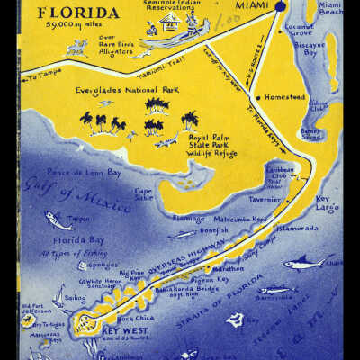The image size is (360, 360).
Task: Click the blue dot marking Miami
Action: pyautogui.click(x=280, y=6)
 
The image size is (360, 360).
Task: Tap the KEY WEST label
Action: pyautogui.click(x=118, y=331)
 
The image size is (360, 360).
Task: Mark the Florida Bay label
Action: pyautogui.click(x=75, y=240)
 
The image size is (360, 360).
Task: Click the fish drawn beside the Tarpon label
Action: pyautogui.click(x=58, y=218)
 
